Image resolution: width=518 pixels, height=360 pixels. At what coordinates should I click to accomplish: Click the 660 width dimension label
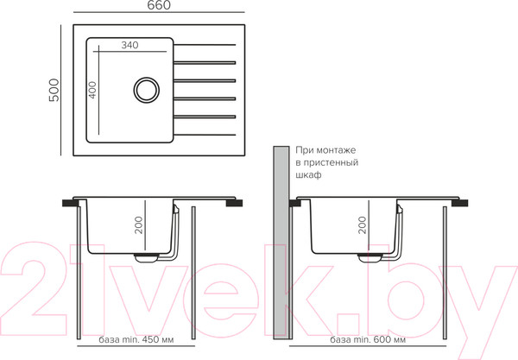point(159,5)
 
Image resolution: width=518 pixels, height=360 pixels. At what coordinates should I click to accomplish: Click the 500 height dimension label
point(54,90)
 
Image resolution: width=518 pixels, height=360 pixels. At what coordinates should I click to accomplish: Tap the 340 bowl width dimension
point(129,45)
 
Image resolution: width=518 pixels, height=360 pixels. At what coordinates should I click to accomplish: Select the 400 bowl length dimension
point(92,90)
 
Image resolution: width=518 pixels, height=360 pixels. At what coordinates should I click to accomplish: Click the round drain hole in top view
point(147,90)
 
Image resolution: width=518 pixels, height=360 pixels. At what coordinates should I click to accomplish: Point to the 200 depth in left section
point(139,225)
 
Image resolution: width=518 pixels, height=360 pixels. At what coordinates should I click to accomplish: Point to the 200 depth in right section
point(363,225)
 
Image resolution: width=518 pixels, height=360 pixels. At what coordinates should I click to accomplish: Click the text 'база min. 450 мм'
point(136,339)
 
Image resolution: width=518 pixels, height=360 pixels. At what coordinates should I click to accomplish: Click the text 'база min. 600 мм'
point(368,339)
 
